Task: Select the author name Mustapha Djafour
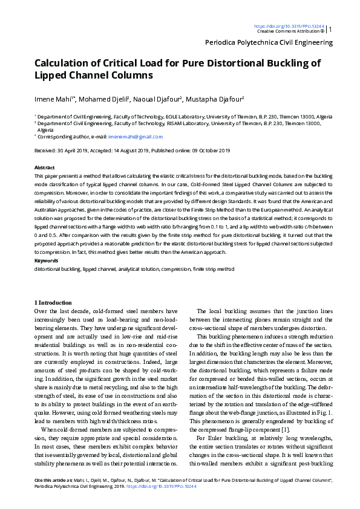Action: point(218,99)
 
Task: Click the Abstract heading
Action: point(45,167)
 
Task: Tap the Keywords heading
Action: point(47,261)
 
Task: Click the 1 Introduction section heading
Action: point(53,302)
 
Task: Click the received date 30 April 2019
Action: point(70,150)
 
